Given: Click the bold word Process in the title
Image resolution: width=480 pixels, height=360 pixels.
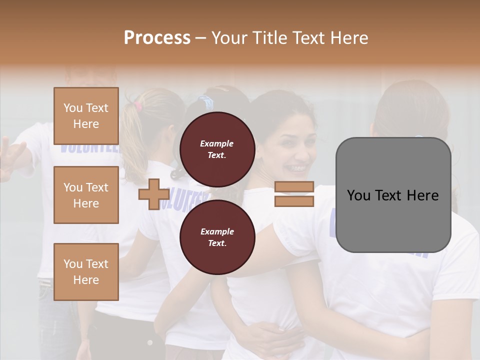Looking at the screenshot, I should pyautogui.click(x=157, y=37).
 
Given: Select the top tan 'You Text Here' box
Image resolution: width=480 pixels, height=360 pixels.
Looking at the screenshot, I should pyautogui.click(x=86, y=116).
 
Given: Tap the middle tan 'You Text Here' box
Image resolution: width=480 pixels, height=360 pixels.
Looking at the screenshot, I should pyautogui.click(x=86, y=195).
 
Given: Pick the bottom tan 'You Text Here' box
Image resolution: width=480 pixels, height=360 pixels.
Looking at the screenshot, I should pyautogui.click(x=86, y=272).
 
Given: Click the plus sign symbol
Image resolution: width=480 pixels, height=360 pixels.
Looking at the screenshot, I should pyautogui.click(x=153, y=194).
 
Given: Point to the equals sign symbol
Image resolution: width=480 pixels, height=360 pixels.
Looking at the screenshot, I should pyautogui.click(x=294, y=194).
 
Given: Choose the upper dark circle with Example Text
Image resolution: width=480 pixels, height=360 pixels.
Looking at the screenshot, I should pyautogui.click(x=217, y=149).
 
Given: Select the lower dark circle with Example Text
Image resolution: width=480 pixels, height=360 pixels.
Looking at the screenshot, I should pyautogui.click(x=217, y=237).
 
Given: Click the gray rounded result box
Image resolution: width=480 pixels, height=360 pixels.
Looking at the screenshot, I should pyautogui.click(x=393, y=195).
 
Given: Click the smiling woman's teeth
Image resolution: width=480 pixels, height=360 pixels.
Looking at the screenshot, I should pyautogui.click(x=295, y=167).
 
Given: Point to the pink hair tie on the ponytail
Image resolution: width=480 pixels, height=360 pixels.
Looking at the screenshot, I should pyautogui.click(x=137, y=105).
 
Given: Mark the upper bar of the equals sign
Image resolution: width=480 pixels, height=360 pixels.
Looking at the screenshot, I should pyautogui.click(x=294, y=187).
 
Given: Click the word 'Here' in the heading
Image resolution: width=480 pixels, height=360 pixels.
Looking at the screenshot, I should pyautogui.click(x=348, y=37).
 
